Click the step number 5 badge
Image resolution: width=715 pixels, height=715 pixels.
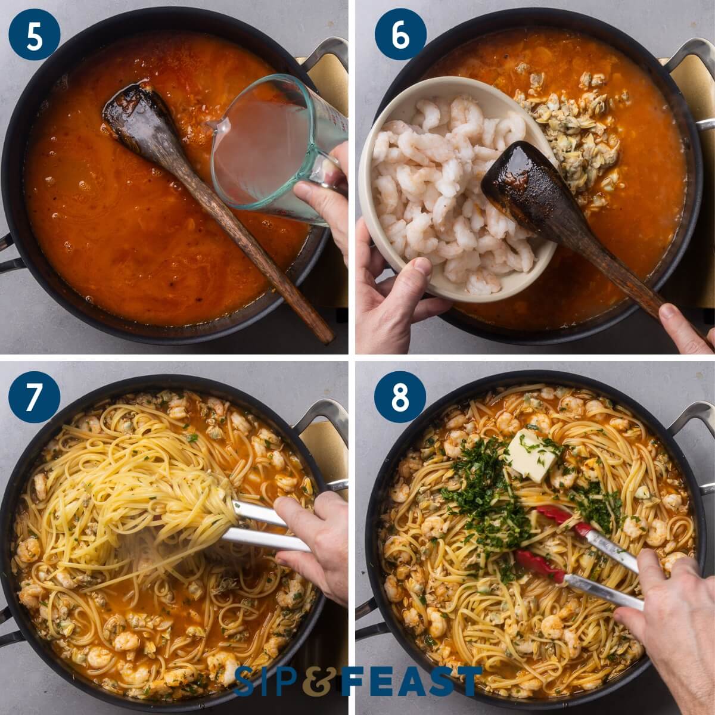pos(34,34)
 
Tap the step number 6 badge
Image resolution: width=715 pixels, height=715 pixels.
pos(400,34)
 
